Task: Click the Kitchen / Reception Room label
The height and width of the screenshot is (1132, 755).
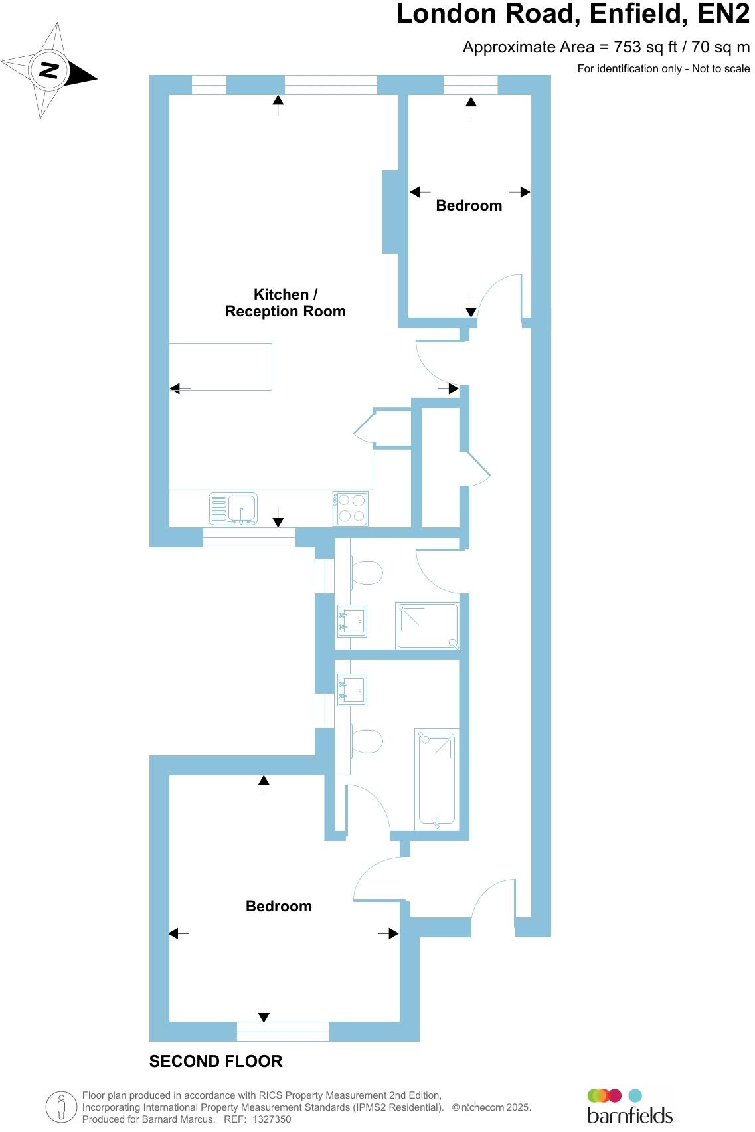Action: [x=285, y=303]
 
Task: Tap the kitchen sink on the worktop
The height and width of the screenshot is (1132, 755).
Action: [x=234, y=509]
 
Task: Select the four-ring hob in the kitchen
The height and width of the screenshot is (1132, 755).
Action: [x=351, y=509]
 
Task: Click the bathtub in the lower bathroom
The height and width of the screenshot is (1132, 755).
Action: [x=436, y=779]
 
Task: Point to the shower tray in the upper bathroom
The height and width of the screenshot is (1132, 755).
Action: [x=427, y=625]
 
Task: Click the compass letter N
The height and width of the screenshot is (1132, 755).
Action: [x=49, y=70]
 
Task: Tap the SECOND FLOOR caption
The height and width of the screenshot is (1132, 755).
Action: [x=216, y=1062]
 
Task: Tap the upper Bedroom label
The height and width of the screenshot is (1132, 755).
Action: [x=469, y=206]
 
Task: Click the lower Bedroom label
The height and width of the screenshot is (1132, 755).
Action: [x=279, y=907]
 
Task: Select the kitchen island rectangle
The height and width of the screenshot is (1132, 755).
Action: [x=220, y=367]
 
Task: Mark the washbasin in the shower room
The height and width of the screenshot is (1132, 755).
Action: [x=353, y=620]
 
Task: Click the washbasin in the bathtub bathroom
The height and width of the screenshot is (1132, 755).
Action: [x=353, y=689]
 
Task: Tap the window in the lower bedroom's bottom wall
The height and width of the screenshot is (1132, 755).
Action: [x=283, y=1032]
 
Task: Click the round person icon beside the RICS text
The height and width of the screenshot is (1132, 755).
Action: [x=61, y=1107]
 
